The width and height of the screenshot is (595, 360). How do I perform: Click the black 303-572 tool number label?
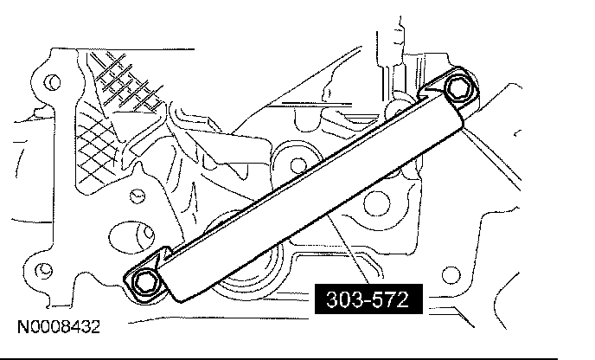pyautogui.click(x=368, y=299)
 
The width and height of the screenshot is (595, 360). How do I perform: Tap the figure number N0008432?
pyautogui.click(x=59, y=326)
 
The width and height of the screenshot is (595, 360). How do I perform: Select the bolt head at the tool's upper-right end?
pyautogui.click(x=458, y=88)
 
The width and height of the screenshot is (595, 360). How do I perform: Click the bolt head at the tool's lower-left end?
pyautogui.click(x=145, y=282)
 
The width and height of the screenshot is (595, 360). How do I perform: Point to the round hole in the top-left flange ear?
pyautogui.click(x=53, y=81)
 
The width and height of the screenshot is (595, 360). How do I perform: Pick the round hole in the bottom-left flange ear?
pyautogui.click(x=43, y=270)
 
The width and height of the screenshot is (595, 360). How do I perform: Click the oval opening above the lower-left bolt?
pyautogui.click(x=131, y=236)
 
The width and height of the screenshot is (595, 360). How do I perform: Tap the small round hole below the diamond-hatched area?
pyautogui.click(x=137, y=196)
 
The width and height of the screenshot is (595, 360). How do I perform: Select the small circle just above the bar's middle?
pyautogui.click(x=298, y=165)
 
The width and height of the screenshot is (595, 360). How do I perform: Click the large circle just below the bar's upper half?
pyautogui.click(x=376, y=202)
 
